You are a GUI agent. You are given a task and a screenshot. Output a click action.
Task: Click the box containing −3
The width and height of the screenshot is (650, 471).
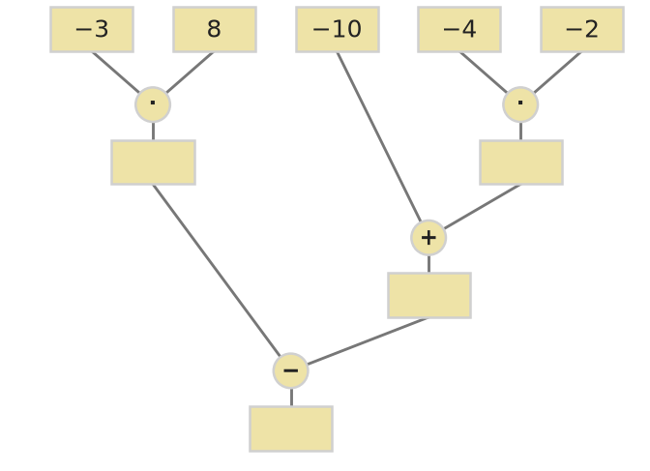click(92, 29)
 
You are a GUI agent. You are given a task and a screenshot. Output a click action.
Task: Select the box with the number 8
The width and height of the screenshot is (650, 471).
click(215, 29)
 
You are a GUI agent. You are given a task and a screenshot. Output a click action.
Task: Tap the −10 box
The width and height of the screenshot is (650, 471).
click(338, 29)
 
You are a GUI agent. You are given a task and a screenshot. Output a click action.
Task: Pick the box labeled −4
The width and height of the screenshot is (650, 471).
click(459, 29)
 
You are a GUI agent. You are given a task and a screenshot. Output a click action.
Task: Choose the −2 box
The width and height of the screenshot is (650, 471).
click(582, 29)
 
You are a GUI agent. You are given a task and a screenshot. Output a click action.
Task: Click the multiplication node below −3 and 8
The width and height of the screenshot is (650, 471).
click(153, 104)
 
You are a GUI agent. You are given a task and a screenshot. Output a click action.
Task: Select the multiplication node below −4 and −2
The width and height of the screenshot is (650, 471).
click(520, 104)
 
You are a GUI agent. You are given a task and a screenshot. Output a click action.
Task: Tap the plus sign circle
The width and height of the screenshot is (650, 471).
click(428, 238)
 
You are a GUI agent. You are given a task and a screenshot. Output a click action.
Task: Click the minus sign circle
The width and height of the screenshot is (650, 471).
click(290, 370)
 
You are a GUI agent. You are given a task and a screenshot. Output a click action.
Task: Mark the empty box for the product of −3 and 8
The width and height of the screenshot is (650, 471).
click(154, 162)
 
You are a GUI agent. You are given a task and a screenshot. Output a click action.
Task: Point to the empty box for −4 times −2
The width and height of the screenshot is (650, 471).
click(521, 162)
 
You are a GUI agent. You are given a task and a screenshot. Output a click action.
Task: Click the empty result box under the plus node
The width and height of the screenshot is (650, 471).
click(429, 296)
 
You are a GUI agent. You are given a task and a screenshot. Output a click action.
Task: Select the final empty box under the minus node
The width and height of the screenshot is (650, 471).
click(291, 428)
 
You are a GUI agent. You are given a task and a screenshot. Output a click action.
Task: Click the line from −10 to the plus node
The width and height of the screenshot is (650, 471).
click(379, 137)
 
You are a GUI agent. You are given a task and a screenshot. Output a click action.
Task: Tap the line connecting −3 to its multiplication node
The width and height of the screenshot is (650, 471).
click(116, 73)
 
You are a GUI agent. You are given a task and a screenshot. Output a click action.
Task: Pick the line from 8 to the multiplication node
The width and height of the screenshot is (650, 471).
click(190, 73)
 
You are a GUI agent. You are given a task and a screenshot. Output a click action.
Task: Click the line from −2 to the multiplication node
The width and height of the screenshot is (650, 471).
click(557, 73)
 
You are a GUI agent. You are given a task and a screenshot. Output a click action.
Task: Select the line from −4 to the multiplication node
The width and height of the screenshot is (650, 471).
click(484, 73)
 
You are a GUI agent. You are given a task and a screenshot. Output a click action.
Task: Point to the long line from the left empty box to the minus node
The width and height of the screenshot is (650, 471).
click(217, 271)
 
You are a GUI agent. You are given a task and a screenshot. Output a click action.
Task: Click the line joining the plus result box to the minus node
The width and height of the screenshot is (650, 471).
click(368, 341)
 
